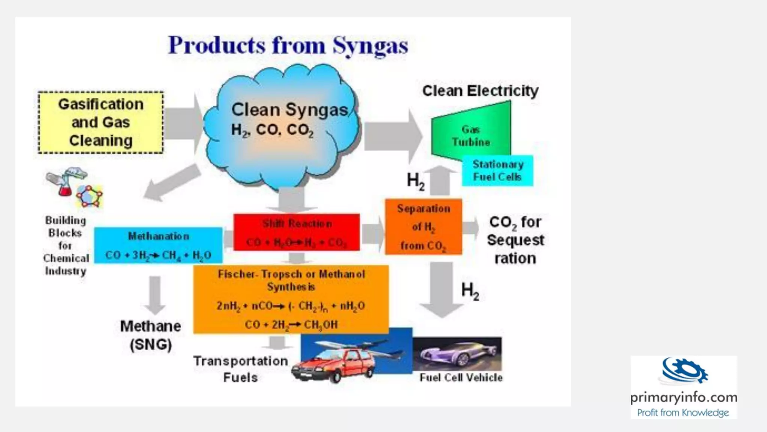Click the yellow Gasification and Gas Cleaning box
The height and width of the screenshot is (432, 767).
pos(101,122)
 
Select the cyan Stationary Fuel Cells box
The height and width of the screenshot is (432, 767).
pos(497,171)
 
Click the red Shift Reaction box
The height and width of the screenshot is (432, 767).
pos(297,232)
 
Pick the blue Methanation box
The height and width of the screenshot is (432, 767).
pos(158,246)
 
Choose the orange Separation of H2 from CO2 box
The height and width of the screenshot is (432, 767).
pos(424,227)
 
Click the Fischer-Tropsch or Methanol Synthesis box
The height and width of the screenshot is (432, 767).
pos(291,299)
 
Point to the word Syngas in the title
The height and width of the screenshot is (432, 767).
pos(370,46)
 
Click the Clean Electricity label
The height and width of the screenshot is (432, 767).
pos(480,91)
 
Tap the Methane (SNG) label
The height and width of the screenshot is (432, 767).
pos(151,335)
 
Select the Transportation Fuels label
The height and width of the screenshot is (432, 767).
pos(240,369)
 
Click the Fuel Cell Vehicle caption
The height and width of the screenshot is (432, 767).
pos(461,378)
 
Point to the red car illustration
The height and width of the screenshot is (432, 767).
pos(333,366)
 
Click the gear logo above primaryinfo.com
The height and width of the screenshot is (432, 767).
pos(684,371)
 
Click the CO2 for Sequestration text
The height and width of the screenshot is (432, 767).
pos(515,240)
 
